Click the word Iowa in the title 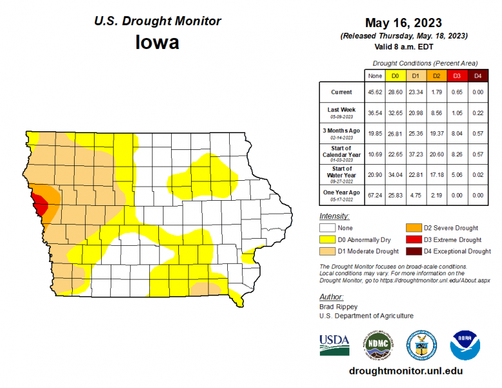(x=158, y=42)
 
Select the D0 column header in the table (x=395, y=76)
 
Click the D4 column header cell (x=477, y=76)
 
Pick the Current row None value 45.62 (x=375, y=92)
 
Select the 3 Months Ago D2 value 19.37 (x=436, y=133)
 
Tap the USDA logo (x=334, y=346)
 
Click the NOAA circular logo (x=465, y=346)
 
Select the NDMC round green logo (x=378, y=346)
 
